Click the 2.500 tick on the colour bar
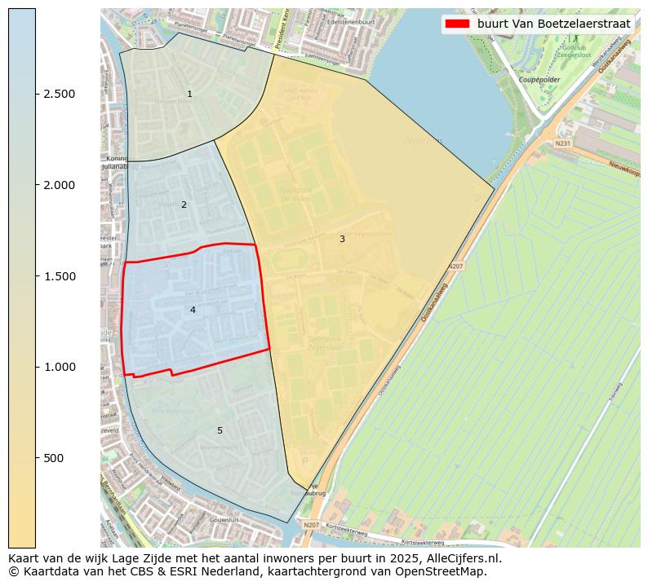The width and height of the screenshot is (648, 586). coord(59,95)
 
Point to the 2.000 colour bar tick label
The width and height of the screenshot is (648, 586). coord(59,185)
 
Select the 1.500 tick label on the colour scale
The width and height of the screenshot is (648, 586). coord(59,276)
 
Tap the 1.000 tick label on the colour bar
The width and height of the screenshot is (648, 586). coord(59,368)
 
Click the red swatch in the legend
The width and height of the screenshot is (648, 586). coord(457,24)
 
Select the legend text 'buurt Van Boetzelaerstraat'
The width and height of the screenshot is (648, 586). coord(553,24)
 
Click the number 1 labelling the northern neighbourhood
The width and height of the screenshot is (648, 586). coord(189,95)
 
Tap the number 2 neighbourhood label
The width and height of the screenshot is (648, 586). coord(184,205)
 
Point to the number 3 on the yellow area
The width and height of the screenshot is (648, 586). coord(342,239)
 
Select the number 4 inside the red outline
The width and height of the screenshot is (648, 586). coord(193,310)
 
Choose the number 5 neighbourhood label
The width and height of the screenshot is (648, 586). coord(220,430)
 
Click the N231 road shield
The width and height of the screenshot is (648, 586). coord(562,143)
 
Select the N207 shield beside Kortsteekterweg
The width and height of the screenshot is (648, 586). coord(312,525)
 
